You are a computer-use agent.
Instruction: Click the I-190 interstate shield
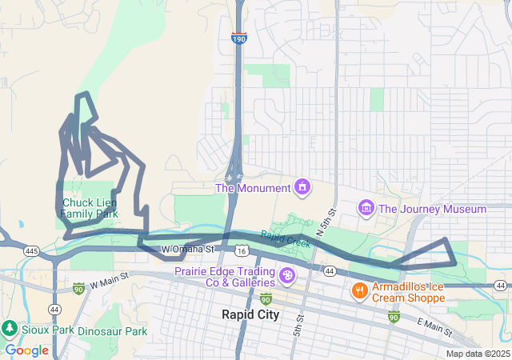pyautogui.click(x=238, y=38)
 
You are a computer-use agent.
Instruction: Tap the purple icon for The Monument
pyautogui.click(x=302, y=188)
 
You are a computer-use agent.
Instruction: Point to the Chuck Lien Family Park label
pyautogui.click(x=89, y=208)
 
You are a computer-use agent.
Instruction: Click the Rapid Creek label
pyautogui.click(x=285, y=238)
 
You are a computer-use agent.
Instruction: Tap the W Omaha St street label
pyautogui.click(x=189, y=250)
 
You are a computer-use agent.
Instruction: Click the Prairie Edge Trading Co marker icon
pyautogui.click(x=286, y=277)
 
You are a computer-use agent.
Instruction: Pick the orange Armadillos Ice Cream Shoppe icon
pyautogui.click(x=360, y=291)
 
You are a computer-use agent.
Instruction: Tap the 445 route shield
pyautogui.click(x=32, y=251)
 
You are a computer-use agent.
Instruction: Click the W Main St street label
pyautogui.click(x=109, y=283)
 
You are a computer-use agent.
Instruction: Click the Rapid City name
pyautogui.click(x=250, y=314)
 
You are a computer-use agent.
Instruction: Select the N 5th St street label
pyautogui.click(x=325, y=221)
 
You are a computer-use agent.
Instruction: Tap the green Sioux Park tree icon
pyautogui.click(x=10, y=327)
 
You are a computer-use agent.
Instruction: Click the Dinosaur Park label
pyautogui.click(x=118, y=330)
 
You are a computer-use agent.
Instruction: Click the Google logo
pyautogui.click(x=26, y=350)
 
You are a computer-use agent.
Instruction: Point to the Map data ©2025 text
pyautogui.click(x=478, y=354)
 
